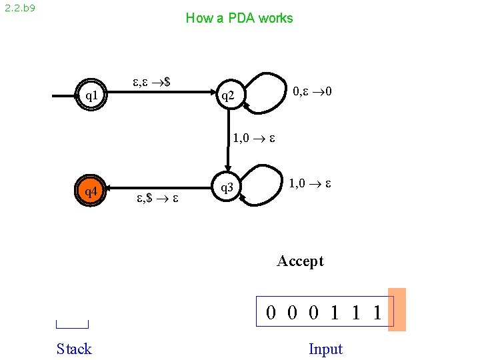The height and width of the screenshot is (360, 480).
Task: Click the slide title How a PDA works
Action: [x=239, y=18]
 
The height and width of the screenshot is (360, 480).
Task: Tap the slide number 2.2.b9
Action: [x=20, y=9]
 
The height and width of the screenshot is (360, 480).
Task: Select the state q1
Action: [x=92, y=96]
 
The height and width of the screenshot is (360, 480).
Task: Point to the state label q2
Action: [x=228, y=97]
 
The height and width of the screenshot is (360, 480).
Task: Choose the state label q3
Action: [x=227, y=188]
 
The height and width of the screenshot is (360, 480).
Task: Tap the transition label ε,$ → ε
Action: [x=157, y=198]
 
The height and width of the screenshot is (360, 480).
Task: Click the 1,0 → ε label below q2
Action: [x=254, y=139]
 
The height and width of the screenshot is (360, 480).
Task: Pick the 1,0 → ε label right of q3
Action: [x=311, y=181]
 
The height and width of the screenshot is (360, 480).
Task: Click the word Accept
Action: [x=300, y=261]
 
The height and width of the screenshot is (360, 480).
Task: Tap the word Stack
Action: [x=74, y=349]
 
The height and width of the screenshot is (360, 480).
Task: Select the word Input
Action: [x=325, y=349]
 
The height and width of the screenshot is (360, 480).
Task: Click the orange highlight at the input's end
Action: [x=397, y=310]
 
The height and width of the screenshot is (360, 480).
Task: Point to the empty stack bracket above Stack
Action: [x=73, y=325]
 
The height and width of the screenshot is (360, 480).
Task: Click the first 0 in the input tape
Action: [x=271, y=312]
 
